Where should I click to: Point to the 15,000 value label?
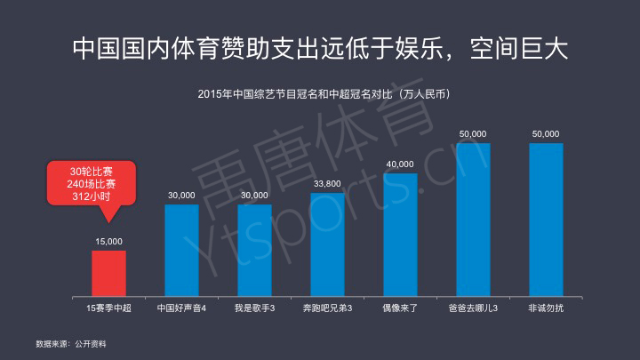[x=108, y=241]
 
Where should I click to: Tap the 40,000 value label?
[x=400, y=164]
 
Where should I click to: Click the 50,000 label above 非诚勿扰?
[x=546, y=133]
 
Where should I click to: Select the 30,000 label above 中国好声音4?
[x=181, y=195]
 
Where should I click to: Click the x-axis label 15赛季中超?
[x=108, y=308]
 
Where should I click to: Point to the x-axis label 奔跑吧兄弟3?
[x=327, y=308]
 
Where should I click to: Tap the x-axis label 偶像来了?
[x=400, y=308]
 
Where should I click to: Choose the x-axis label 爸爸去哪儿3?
[x=473, y=308]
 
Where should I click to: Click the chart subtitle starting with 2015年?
[x=319, y=92]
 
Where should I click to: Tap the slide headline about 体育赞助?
[x=319, y=47]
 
